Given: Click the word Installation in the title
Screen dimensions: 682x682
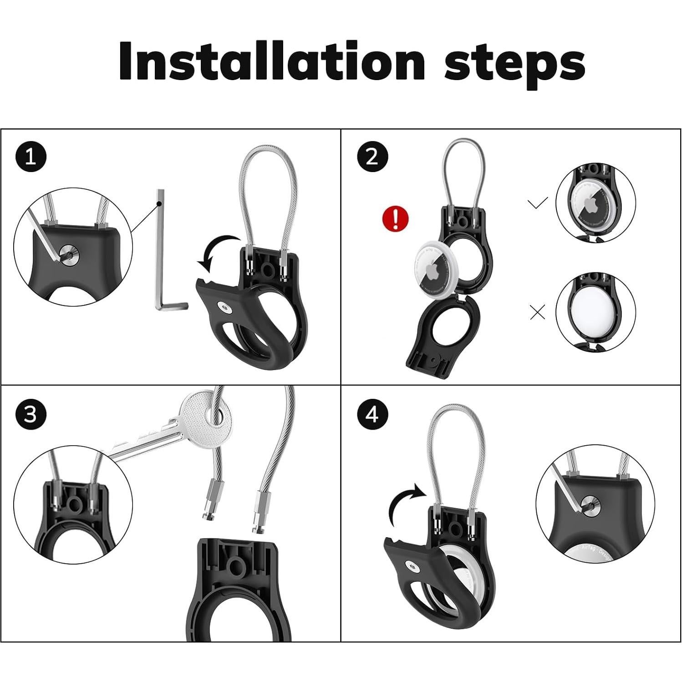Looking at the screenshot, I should pos(271,61).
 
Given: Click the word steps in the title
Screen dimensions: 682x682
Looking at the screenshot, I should pos(514,64).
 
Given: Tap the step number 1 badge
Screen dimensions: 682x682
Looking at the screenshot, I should pos(31,157).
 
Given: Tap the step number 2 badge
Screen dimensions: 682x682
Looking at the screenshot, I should pos(372,157).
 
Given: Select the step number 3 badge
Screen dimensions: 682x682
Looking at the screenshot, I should pos(31,415).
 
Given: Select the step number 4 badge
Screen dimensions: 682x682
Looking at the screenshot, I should pos(372,415).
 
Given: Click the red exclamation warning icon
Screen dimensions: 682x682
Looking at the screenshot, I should pos(395,218).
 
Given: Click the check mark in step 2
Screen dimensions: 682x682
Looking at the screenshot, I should pos(538,203).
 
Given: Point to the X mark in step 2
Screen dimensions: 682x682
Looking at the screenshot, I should pos(538,312).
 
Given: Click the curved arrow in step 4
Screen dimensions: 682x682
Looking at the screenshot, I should pos(407,503).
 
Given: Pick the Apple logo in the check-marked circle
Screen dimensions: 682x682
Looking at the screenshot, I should pos(595,206).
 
